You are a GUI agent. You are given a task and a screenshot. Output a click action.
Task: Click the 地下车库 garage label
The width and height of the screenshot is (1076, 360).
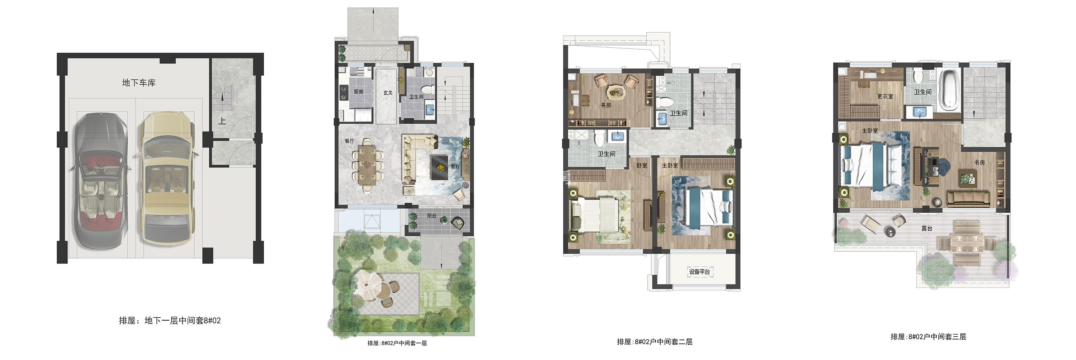click(x=139, y=83)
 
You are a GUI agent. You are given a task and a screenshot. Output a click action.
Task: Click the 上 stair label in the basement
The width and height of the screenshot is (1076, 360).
click(x=222, y=121)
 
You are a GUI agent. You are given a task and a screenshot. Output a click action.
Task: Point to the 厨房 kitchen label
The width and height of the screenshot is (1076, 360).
click(x=358, y=91)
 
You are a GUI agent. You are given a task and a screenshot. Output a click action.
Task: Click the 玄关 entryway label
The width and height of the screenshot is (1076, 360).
click(x=388, y=93)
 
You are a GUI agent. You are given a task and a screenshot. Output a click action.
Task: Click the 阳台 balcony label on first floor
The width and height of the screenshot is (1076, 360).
click(x=431, y=216)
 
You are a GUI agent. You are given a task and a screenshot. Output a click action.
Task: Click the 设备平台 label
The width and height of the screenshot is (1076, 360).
click(x=700, y=272)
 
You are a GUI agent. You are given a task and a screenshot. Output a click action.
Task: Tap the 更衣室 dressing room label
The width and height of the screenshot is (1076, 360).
click(x=885, y=96)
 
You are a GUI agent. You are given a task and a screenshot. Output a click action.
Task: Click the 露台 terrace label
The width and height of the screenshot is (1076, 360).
click(x=926, y=228)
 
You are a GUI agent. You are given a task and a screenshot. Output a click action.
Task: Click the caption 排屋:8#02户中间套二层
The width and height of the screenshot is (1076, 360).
click(x=655, y=342)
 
